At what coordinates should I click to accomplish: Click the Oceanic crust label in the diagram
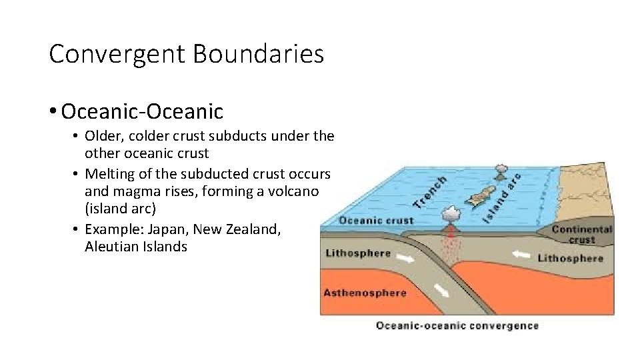pos(376,220)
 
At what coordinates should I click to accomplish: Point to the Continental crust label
pos(581,234)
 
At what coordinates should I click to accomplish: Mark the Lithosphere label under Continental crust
pos(569,257)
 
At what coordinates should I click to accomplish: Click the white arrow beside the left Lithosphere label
pos(403,255)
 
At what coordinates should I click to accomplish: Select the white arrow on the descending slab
pos(440,290)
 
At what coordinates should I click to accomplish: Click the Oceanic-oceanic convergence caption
pos(457,325)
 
